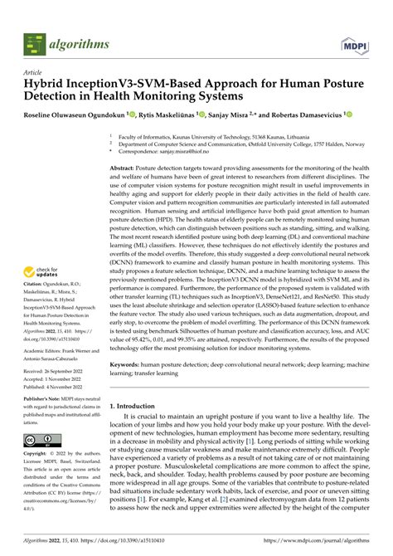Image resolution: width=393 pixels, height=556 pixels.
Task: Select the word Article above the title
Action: click(35, 72)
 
